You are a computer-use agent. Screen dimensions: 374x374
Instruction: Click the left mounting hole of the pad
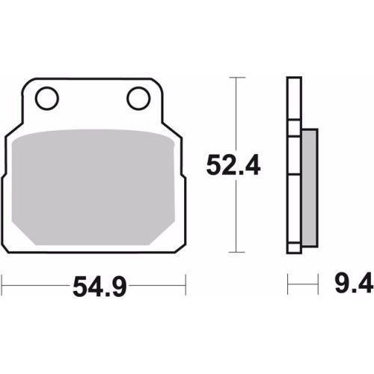click(47, 99)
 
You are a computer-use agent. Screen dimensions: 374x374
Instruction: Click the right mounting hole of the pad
click(138, 99)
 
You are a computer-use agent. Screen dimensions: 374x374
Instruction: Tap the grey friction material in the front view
click(93, 187)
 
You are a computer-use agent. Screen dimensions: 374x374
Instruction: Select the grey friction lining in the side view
click(310, 188)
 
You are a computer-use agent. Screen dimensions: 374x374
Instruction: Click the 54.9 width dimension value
click(99, 286)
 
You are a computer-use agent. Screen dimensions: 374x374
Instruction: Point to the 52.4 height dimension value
click(233, 165)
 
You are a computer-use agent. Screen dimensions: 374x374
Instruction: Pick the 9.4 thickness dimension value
click(354, 283)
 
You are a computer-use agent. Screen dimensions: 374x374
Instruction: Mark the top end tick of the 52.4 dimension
click(237, 78)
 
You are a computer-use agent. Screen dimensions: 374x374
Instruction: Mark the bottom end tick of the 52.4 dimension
click(237, 252)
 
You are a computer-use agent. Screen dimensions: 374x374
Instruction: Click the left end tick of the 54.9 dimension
click(2, 285)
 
